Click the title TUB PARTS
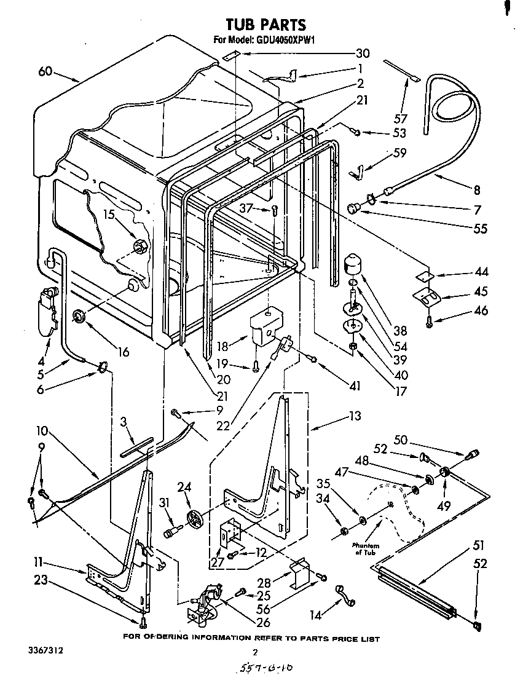coord(265,25)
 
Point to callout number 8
coord(476,190)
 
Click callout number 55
coord(479,229)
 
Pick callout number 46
coord(481,311)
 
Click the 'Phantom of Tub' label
coord(366,548)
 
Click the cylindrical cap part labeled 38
coord(352,264)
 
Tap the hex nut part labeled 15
coord(140,247)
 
